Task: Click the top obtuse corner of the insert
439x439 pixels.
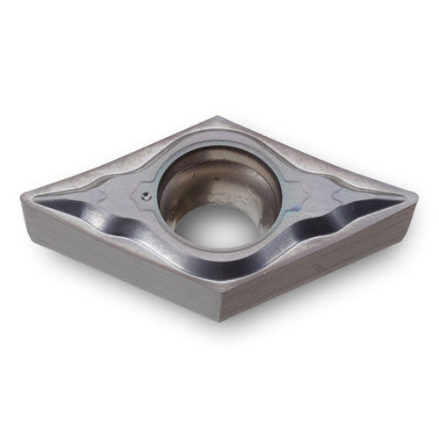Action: [x=217, y=117]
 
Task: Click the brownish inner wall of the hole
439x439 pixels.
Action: [x=237, y=189]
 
